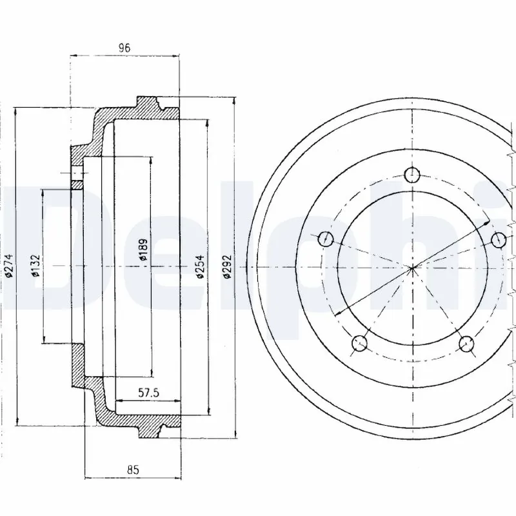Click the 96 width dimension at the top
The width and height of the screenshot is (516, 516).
tap(124, 47)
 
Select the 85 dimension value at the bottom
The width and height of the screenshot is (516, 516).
tap(134, 470)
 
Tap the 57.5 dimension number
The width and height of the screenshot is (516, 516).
tap(149, 392)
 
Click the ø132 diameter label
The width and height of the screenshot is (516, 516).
tap(36, 265)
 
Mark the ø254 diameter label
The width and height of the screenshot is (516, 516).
tap(201, 265)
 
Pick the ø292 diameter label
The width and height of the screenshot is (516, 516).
tap(227, 265)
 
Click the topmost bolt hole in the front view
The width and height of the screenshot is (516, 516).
tap(412, 174)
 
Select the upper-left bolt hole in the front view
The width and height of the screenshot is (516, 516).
tap(326, 239)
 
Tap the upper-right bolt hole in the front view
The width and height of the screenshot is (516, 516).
tap(498, 239)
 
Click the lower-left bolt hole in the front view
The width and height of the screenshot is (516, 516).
tap(360, 343)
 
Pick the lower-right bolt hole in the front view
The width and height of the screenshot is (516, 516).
tap(465, 343)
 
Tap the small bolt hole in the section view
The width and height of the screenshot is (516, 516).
tap(77, 174)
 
